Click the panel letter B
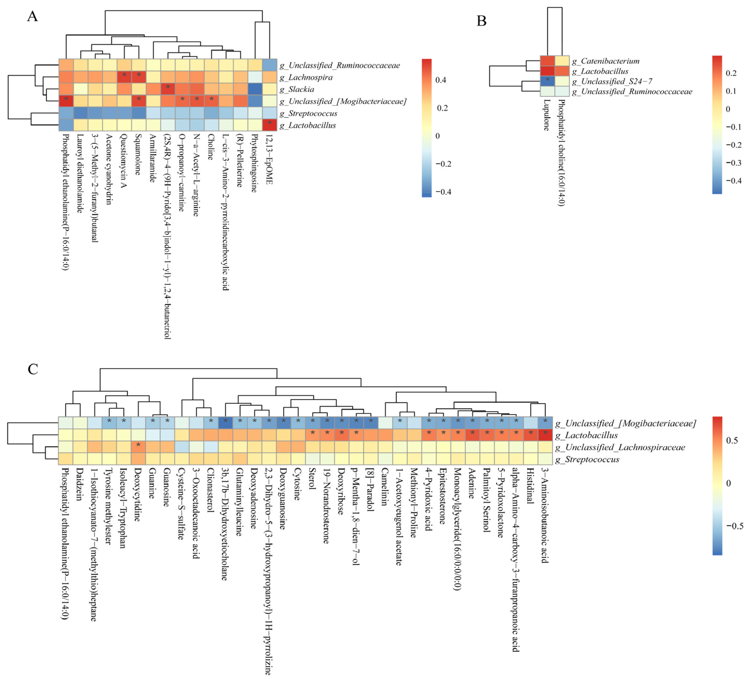click(x=481, y=21)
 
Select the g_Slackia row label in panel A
click(x=297, y=89)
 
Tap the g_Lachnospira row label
click(x=306, y=77)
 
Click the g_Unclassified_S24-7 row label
click(x=612, y=81)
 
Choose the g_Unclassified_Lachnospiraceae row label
click(x=620, y=447)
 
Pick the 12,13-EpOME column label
click(x=269, y=159)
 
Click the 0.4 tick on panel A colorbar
click(x=440, y=80)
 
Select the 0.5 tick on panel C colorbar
click(x=732, y=440)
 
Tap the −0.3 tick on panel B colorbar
click(x=733, y=163)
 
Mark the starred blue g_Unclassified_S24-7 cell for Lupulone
click(x=547, y=81)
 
